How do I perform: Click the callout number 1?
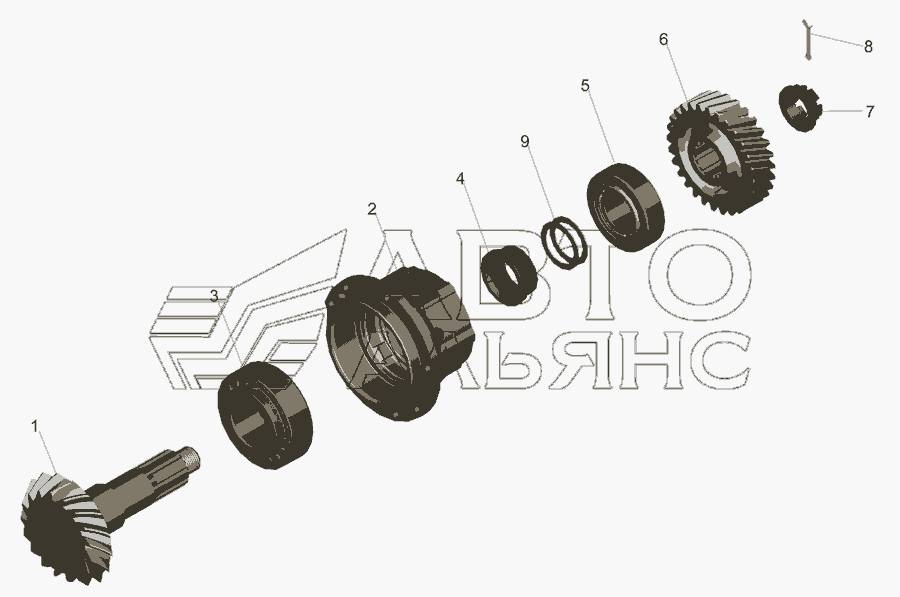pos(34,427)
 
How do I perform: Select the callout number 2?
pos(373,209)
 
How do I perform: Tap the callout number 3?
pos(214,296)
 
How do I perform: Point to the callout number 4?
pos(460,179)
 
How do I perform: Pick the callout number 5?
pos(585,86)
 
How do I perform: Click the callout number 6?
pos(664,40)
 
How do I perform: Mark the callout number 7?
pos(870,111)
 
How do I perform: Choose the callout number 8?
pos(868,46)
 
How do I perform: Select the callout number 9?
pos(525,141)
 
